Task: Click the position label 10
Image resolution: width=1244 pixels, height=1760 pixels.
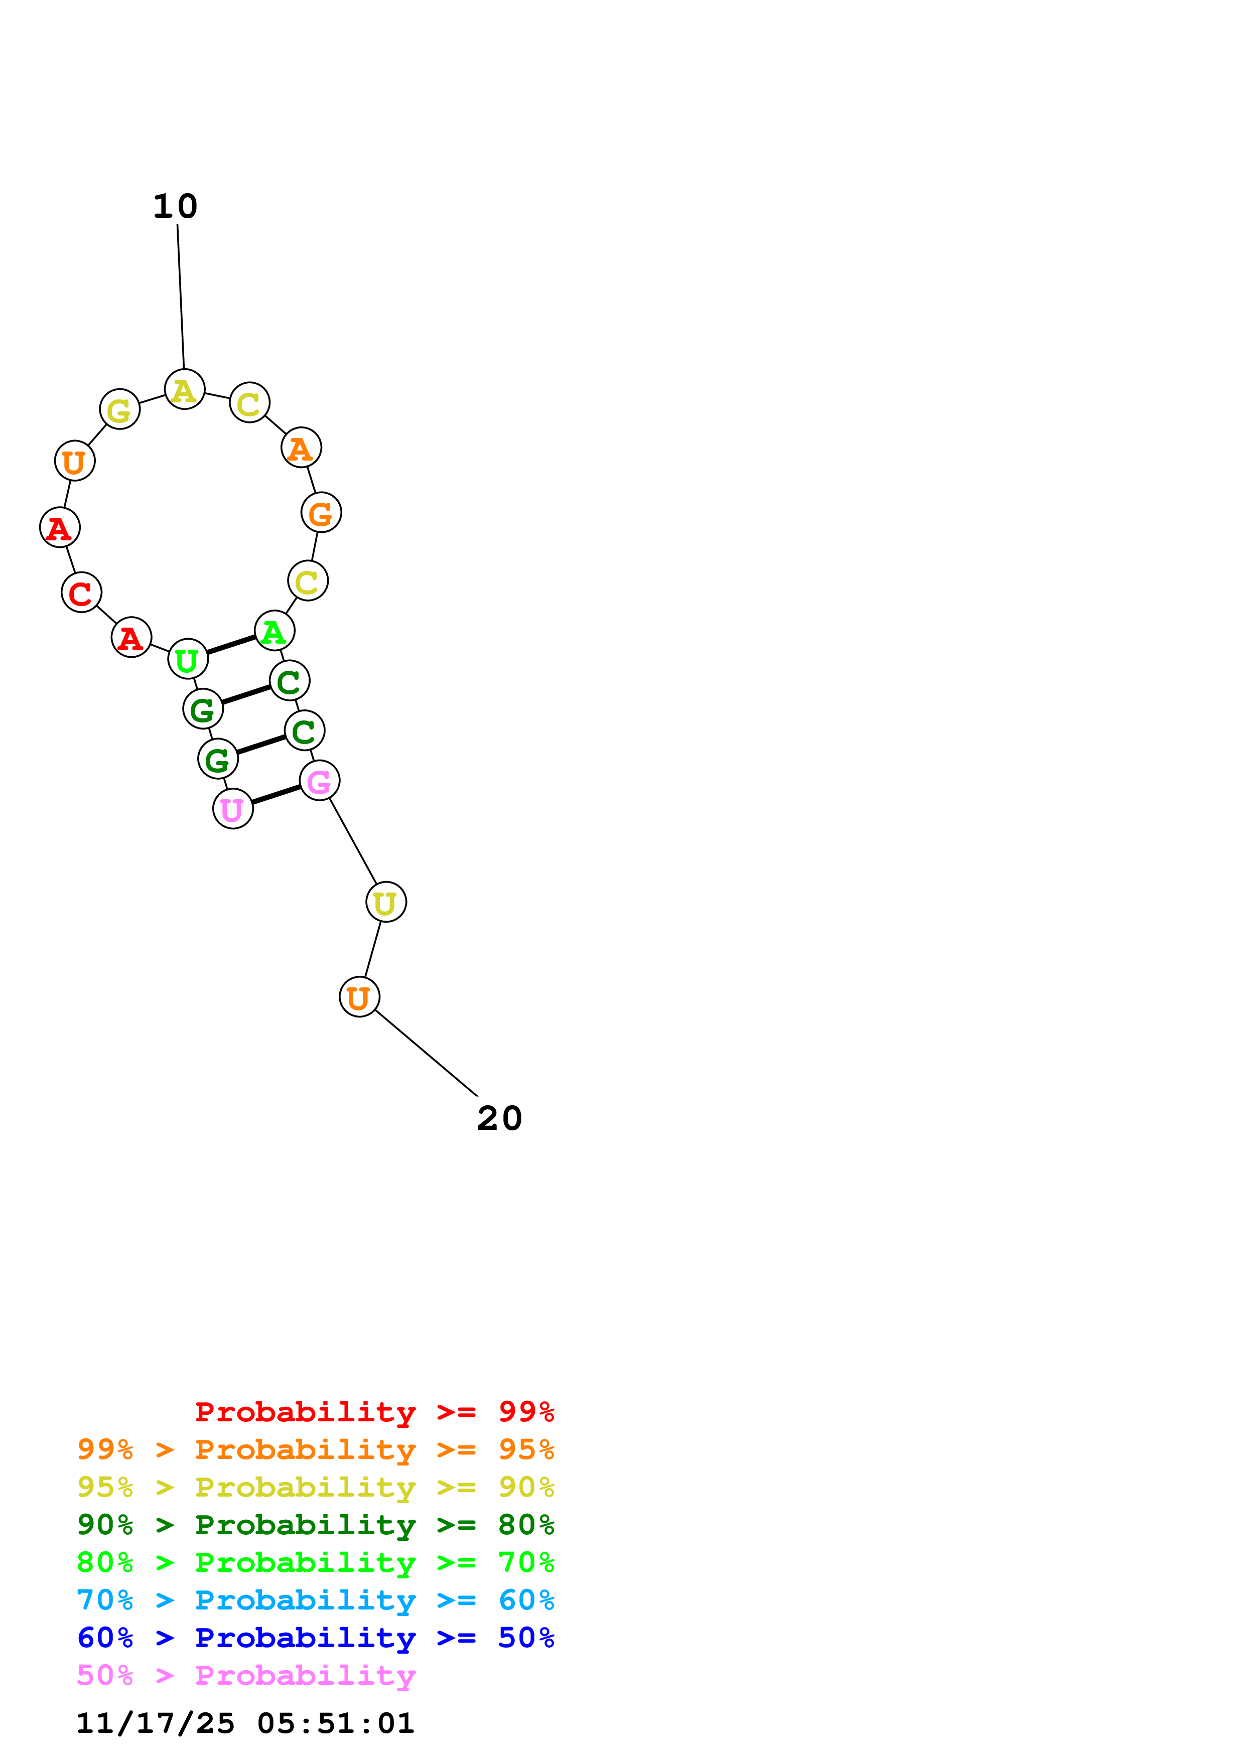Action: point(176,206)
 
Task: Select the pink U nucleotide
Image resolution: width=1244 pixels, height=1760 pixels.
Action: point(233,809)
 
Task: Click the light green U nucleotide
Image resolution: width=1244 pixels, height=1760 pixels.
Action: point(188,658)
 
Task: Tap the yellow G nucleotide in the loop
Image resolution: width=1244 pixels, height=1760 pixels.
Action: point(119,409)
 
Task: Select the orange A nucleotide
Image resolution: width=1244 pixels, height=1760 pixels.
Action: point(301,448)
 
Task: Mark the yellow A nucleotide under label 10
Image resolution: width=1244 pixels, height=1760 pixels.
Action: point(185,389)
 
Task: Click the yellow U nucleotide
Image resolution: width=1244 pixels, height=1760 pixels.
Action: point(385,902)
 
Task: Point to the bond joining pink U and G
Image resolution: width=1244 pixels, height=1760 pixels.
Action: point(276,795)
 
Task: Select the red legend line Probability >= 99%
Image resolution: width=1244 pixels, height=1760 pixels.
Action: point(374,1411)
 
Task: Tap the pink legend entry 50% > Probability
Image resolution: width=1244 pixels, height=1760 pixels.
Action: point(246,1675)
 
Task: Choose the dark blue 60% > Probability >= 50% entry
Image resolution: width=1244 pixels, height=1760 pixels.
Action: point(315,1638)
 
